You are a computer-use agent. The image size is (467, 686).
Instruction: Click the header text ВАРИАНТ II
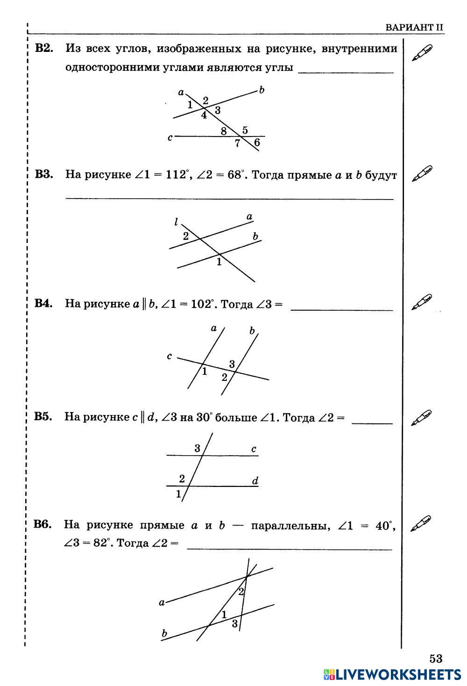point(414,27)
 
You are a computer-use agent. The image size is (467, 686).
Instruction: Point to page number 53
point(435,658)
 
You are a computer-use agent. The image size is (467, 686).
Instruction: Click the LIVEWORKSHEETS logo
point(392,674)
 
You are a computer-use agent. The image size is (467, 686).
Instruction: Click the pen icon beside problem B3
point(422,173)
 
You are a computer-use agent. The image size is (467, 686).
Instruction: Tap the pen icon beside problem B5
point(421,417)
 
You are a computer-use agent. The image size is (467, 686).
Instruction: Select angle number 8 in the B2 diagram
point(224,132)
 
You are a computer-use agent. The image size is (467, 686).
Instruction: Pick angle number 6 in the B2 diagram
point(257,143)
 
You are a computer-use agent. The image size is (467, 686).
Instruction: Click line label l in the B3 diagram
point(176,222)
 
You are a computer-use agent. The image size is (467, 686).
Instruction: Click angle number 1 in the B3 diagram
point(219,262)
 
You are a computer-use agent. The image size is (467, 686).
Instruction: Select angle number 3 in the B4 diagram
point(232,364)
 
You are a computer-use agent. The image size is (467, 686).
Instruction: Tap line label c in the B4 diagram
point(169,357)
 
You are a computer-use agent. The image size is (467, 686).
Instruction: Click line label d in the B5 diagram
point(255,481)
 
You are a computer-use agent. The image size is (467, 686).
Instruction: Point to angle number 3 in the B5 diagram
point(197,449)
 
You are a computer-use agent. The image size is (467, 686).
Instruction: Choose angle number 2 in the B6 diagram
point(241,592)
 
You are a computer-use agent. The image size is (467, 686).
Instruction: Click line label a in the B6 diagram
point(162,602)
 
